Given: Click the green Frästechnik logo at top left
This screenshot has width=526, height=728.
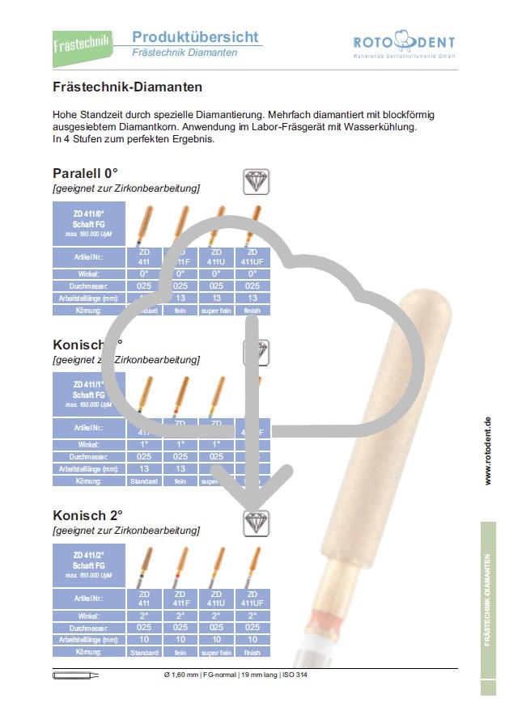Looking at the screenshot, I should coord(80,43).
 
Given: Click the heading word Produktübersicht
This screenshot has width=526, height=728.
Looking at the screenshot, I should coord(195,36).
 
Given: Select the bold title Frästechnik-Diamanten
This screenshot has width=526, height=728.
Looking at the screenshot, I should coord(127,87).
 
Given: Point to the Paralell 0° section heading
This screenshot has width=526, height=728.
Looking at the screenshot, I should coord(86,173).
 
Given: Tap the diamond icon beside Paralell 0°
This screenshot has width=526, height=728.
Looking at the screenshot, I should coord(257,180).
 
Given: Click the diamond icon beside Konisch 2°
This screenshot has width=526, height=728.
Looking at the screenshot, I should coord(257,523).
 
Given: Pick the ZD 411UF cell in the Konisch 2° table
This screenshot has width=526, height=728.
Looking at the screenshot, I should coord(252,599).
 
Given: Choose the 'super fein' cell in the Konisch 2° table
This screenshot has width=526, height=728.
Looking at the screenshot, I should coord(216,652).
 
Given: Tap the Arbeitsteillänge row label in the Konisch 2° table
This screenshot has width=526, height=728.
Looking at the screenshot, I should coord(88,639).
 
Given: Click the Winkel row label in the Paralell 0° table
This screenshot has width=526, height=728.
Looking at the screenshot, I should coord(88,273).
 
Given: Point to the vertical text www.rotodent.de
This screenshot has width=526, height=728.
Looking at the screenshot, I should coord(488,451).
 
